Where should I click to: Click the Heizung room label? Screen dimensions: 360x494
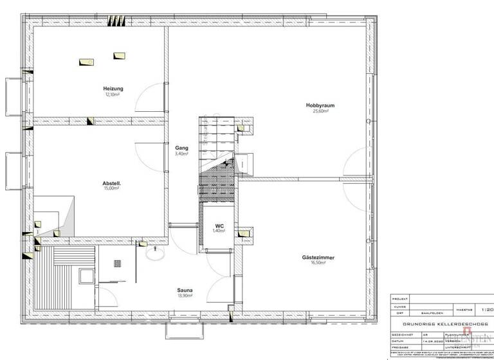pos(113,89)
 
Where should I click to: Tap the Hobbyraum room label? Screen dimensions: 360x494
pos(320,105)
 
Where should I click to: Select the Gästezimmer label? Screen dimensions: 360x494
pos(318,257)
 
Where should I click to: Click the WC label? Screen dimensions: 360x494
pos(220,226)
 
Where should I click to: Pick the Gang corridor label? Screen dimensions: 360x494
pos(181,148)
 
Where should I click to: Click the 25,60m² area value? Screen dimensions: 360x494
pos(320,111)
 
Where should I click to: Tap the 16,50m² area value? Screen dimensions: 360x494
pos(318,263)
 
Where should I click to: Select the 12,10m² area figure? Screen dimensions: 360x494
pos(113,94)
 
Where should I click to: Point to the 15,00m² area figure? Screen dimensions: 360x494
pos(113,189)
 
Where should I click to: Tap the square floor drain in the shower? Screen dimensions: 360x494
pos(118,263)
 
